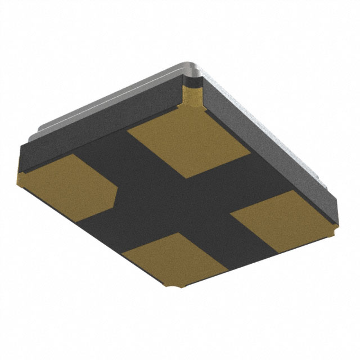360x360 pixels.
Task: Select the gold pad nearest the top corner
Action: (188, 143)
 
